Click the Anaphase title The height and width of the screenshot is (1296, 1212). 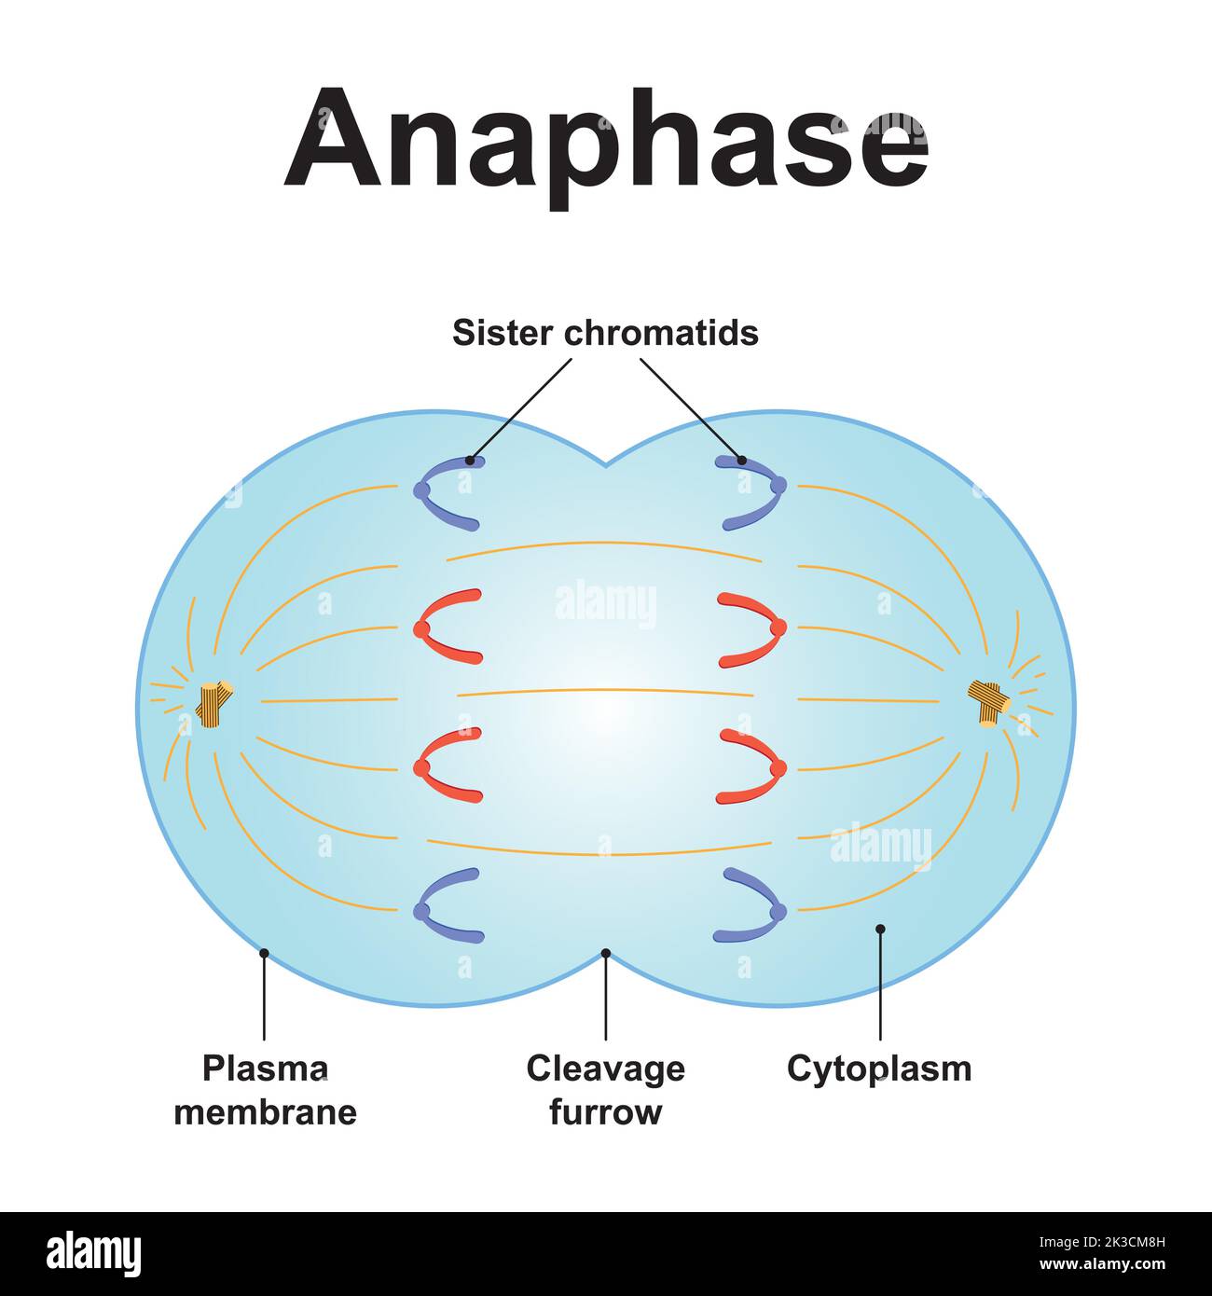click(606, 140)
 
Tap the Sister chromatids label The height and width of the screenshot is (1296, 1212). click(605, 333)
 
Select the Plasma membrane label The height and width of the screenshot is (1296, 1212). click(266, 1090)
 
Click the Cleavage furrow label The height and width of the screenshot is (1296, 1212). click(606, 1090)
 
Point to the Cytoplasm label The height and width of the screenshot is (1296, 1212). click(879, 1069)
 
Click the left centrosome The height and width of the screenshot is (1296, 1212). click(215, 703)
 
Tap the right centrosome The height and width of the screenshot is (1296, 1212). click(989, 701)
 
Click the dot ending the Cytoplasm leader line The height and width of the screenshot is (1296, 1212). click(880, 929)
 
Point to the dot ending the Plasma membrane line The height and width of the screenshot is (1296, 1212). click(265, 953)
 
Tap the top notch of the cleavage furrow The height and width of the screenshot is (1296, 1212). click(606, 463)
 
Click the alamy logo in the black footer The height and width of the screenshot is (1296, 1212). click(93, 1254)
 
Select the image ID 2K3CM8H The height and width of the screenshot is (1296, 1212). click(1109, 1242)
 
